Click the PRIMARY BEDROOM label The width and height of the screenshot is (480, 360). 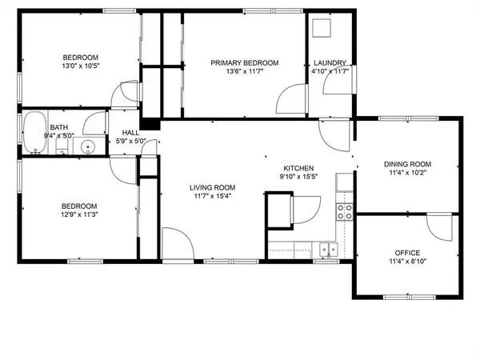(244, 63)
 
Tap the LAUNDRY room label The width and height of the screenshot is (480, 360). (330, 63)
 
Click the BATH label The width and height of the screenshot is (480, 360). (59, 127)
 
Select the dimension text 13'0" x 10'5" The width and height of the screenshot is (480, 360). (80, 67)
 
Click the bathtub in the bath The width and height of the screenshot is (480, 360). (34, 133)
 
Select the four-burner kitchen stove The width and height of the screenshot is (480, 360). (345, 211)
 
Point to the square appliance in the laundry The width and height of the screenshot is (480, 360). (323, 29)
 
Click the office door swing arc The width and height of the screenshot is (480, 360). (439, 229)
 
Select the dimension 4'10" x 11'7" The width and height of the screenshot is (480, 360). (330, 73)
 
